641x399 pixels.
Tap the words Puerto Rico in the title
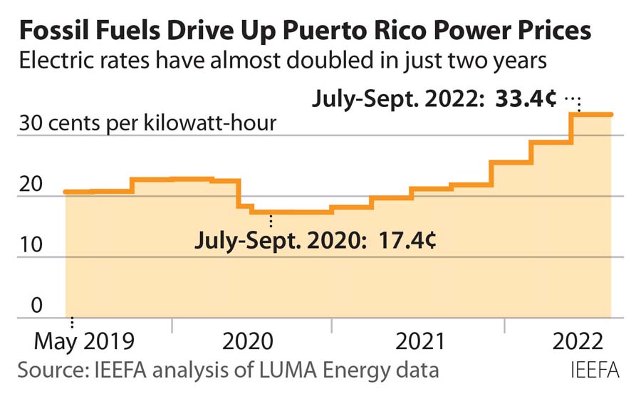(x=363, y=32)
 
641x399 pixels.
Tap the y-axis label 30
(x=31, y=123)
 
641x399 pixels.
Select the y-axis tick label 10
(x=31, y=245)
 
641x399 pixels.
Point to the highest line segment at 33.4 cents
(x=593, y=114)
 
